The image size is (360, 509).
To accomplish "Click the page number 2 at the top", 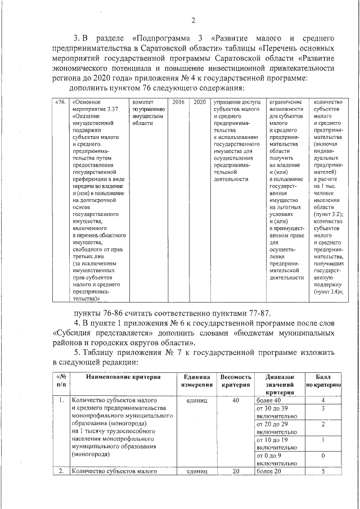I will [x=192, y=21].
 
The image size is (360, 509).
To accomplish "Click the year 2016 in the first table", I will [x=178, y=102].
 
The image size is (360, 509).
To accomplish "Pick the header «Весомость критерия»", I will [x=236, y=380].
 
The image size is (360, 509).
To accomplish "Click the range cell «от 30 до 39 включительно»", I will [x=276, y=412].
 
